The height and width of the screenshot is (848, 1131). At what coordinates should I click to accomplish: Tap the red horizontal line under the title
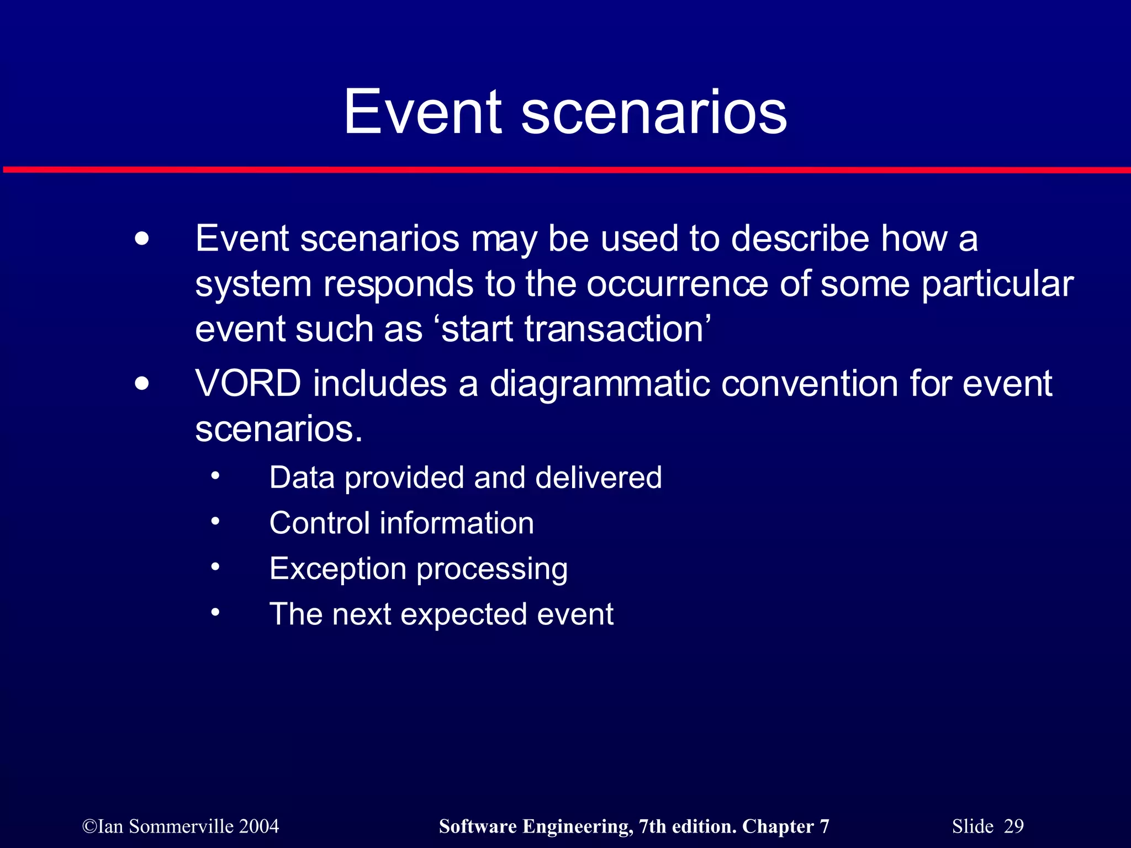[565, 169]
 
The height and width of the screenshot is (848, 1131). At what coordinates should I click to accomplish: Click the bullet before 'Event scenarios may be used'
[142, 239]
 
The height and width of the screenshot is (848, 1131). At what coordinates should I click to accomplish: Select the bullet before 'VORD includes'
[142, 384]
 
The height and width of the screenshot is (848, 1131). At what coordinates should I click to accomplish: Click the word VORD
[248, 383]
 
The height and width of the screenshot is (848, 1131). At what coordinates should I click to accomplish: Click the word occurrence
[677, 284]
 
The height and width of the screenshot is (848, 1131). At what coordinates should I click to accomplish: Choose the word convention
[810, 383]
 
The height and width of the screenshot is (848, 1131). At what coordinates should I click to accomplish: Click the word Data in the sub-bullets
[302, 477]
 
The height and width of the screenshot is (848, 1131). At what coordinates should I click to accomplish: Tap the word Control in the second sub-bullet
[319, 523]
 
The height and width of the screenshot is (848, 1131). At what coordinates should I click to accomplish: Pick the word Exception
[338, 569]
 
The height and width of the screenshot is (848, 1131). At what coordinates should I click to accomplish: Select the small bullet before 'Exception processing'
[215, 566]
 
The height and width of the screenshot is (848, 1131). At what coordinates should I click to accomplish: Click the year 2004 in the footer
[259, 826]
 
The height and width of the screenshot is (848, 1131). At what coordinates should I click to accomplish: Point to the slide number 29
[1014, 826]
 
